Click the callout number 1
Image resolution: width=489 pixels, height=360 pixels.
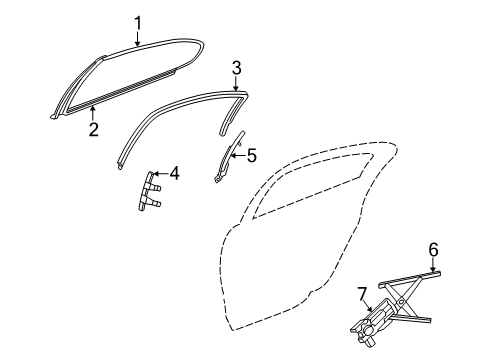point(138,21)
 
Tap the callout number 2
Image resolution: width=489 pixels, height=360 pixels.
point(92,129)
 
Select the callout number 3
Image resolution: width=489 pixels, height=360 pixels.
point(236,68)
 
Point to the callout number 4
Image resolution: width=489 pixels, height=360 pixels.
point(174,174)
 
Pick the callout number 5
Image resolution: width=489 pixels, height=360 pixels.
point(251,155)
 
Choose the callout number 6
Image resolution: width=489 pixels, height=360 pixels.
point(433,250)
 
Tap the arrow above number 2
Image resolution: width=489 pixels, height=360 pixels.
point(92,113)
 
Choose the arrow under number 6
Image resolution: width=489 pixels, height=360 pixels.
point(433,266)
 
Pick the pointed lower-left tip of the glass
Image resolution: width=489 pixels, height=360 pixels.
point(51,117)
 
